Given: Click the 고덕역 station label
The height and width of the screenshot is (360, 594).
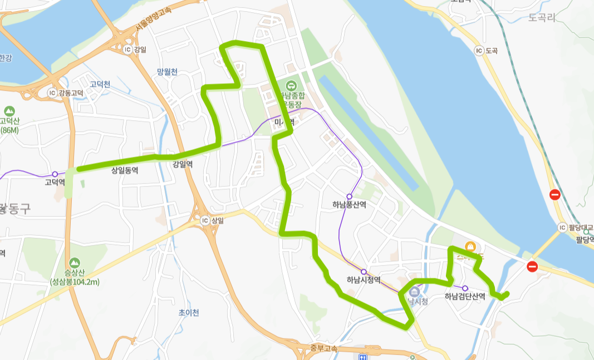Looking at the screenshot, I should [x=55, y=183].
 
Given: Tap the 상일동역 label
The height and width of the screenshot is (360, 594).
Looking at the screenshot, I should [x=125, y=171].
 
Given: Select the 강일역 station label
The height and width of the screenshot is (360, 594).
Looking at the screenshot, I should [x=183, y=164].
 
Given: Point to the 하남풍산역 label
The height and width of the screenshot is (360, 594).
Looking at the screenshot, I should [x=349, y=205].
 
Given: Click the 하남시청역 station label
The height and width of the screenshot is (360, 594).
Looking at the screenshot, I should [x=364, y=280].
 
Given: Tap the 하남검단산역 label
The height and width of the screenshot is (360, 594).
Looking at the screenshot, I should [x=465, y=297].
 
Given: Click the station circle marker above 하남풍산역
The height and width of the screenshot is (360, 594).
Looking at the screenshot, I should [x=349, y=196].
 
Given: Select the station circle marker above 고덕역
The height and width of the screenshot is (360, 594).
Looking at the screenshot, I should [x=55, y=174].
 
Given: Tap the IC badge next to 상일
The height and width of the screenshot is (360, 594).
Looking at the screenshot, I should [x=204, y=220].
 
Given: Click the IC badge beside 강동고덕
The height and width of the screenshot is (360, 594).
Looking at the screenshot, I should [x=52, y=92].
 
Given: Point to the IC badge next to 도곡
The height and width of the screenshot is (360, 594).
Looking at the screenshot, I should [x=478, y=51].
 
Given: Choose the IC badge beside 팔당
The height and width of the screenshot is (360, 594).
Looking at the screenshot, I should [x=562, y=228].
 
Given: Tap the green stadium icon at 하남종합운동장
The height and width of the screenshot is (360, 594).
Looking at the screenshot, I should [x=291, y=86].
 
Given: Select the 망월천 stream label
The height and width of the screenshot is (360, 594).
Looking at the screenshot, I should [x=167, y=71].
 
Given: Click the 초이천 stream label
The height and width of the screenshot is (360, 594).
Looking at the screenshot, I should [x=189, y=313].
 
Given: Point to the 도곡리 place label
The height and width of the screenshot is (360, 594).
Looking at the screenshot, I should [x=542, y=18].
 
